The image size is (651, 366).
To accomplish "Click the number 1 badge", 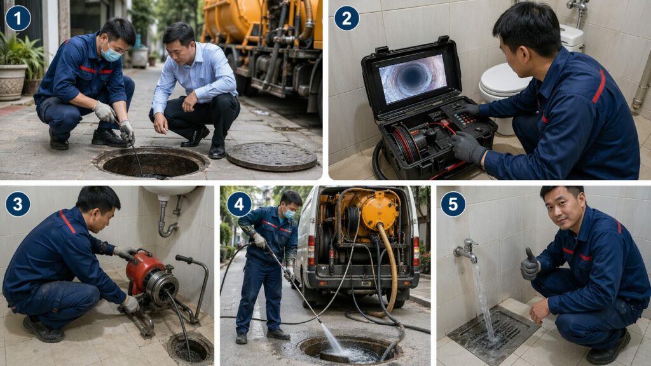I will click(x=18, y=18).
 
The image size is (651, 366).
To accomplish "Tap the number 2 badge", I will click(x=346, y=18).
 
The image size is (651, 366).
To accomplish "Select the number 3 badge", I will click(x=18, y=204).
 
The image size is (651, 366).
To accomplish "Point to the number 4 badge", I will click(x=239, y=204).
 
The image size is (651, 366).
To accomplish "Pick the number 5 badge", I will click(x=453, y=204).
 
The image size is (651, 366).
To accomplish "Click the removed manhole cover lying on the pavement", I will click(x=271, y=156).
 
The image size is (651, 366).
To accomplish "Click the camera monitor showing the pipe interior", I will click(x=412, y=78).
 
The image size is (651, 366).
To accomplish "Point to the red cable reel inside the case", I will click(x=407, y=142).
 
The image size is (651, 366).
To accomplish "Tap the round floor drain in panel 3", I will click(x=190, y=348).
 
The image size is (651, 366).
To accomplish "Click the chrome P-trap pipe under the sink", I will click(x=167, y=219).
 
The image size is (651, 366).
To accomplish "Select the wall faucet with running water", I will click(x=467, y=250).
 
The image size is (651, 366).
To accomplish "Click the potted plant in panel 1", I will click(x=14, y=67).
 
